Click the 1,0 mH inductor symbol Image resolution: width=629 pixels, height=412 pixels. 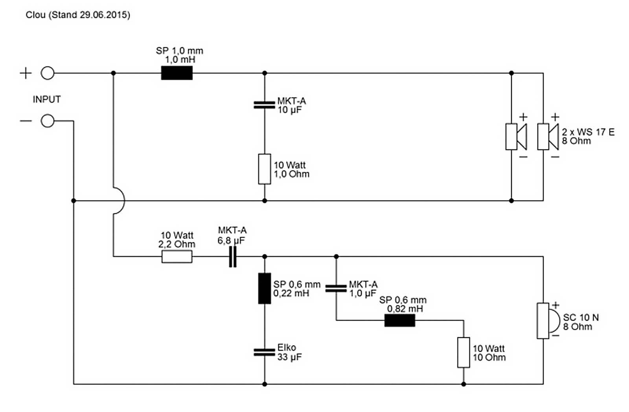click(x=177, y=73)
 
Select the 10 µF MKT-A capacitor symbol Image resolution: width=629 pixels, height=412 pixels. click(x=264, y=105)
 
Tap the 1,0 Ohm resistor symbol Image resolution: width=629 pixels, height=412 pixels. click(x=264, y=169)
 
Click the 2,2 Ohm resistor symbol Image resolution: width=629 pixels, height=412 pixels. click(x=177, y=257)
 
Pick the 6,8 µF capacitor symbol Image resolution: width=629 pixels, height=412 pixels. click(x=233, y=257)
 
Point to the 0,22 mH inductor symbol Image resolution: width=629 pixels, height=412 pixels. click(x=264, y=288)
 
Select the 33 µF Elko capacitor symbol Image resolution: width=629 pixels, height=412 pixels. click(x=264, y=352)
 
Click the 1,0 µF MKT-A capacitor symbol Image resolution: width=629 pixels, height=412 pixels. click(x=336, y=289)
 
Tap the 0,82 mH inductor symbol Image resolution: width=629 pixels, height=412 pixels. click(x=399, y=320)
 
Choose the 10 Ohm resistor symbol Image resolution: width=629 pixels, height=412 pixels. click(x=463, y=353)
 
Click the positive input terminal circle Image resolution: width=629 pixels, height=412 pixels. click(x=48, y=73)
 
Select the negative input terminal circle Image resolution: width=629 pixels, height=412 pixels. click(x=48, y=121)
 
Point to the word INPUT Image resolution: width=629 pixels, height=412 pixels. click(x=46, y=99)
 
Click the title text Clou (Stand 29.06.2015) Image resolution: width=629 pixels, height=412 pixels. click(x=78, y=15)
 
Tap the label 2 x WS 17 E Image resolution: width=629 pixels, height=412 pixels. click(x=588, y=132)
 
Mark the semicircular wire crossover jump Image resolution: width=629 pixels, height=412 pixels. click(x=120, y=201)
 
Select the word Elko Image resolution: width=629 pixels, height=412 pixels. click(x=286, y=347)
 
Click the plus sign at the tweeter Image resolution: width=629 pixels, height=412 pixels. click(x=555, y=305)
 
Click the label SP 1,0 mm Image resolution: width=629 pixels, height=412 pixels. click(x=179, y=51)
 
